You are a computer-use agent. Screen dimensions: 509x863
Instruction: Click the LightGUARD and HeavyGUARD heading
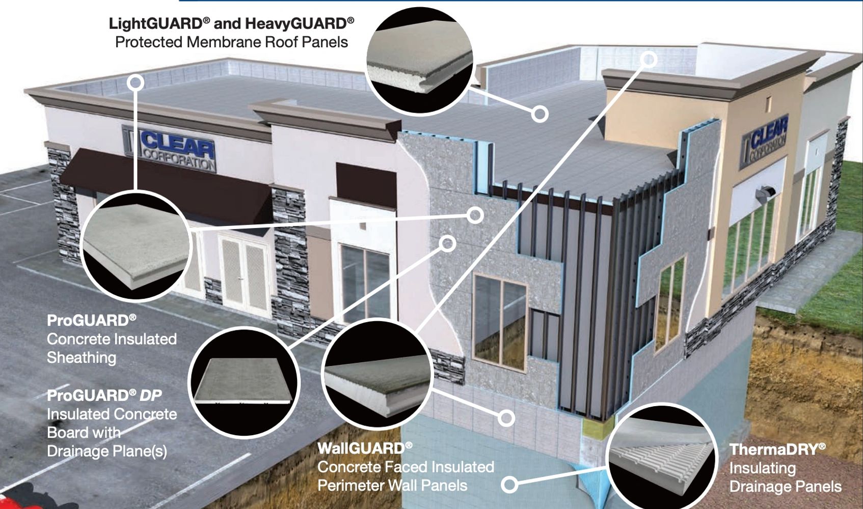[231, 23]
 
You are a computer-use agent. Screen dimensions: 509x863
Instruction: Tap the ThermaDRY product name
[777, 449]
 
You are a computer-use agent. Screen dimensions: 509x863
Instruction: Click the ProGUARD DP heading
[104, 395]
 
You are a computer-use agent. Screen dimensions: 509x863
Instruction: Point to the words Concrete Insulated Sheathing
[112, 348]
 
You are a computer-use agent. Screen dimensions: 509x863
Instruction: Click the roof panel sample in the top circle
[419, 61]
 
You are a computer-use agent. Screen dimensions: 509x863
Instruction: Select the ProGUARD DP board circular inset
[244, 382]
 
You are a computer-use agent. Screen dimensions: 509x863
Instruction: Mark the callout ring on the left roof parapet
[136, 82]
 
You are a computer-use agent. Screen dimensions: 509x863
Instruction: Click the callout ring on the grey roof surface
[540, 113]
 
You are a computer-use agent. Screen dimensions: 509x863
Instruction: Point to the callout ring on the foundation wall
[506, 418]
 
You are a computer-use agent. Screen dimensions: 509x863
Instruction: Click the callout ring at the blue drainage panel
[509, 484]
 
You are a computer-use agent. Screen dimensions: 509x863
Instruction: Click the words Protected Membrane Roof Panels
[231, 42]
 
